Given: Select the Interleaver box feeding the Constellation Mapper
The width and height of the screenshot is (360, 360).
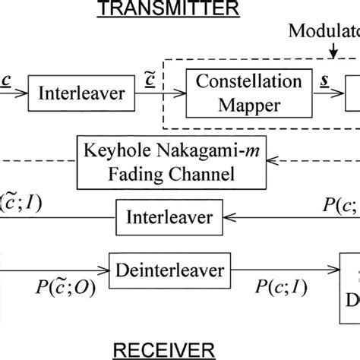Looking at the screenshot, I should (x=62, y=96).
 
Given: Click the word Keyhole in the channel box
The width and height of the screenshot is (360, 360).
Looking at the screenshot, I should (x=112, y=152).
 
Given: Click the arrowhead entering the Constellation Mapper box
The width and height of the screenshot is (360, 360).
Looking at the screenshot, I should (x=185, y=96).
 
